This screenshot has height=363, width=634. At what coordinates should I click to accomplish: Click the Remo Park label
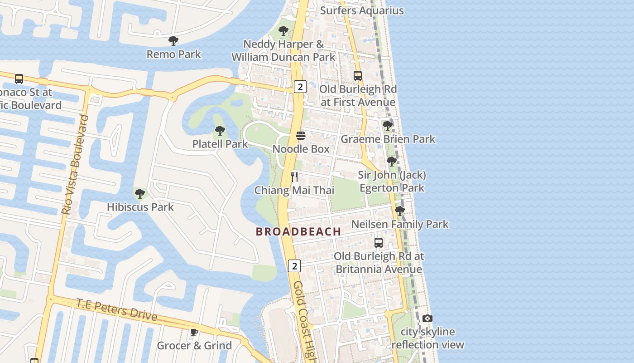173,54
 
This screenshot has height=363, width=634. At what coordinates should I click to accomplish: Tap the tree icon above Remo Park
173,41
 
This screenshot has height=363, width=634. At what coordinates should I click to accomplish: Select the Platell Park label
220,144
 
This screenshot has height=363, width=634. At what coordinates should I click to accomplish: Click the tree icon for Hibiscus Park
140,194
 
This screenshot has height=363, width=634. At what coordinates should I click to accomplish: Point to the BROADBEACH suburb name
298,231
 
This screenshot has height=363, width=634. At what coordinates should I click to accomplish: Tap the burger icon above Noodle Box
301,136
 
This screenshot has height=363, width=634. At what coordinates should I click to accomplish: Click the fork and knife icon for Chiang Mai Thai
294,177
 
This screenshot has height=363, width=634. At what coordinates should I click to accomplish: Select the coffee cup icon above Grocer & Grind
194,332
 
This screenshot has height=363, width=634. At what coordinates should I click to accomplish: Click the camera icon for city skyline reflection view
427,319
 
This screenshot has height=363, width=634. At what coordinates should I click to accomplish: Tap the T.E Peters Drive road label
116,310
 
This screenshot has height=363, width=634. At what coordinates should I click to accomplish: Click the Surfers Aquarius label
362,10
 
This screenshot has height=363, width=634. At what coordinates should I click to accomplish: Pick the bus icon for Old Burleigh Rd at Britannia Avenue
379,243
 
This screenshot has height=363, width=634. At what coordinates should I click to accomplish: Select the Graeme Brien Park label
388,139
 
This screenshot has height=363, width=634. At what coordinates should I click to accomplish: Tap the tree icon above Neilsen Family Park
399,211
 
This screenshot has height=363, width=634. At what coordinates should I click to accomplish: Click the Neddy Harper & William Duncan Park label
283,50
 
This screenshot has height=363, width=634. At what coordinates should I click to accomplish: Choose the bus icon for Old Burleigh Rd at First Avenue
358,76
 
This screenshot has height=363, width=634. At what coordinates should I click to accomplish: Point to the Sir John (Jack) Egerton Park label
392,181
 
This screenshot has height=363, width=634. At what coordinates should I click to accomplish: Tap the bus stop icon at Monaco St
19,79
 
